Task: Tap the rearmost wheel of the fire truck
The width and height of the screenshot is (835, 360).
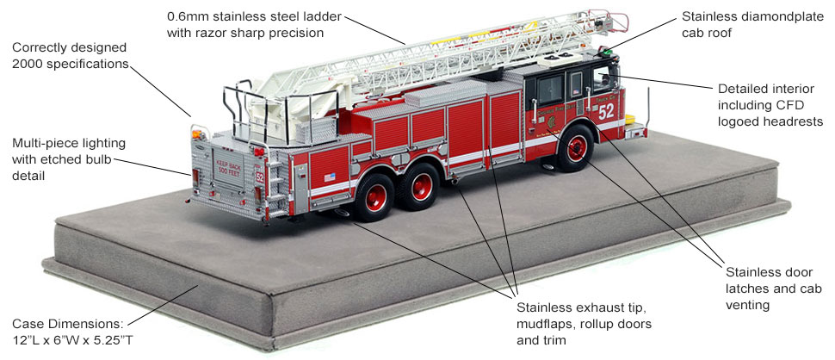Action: pos(376,192)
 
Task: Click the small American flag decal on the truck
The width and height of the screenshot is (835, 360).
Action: pos(329,177)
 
